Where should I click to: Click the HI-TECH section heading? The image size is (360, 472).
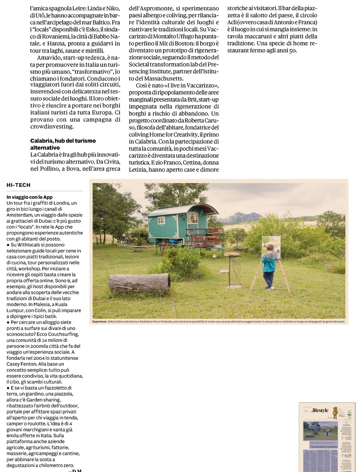pos(18,185)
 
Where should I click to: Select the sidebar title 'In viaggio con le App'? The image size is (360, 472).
pos(29,197)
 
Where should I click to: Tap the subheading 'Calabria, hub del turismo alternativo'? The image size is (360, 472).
pos(63,144)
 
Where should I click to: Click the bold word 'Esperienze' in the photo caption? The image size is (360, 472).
pos(99,322)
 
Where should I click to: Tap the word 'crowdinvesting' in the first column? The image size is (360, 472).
pos(52,127)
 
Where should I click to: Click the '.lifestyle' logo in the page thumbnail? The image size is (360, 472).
pos(320,411)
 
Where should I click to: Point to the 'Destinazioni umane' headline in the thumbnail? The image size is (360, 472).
pos(324,447)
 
